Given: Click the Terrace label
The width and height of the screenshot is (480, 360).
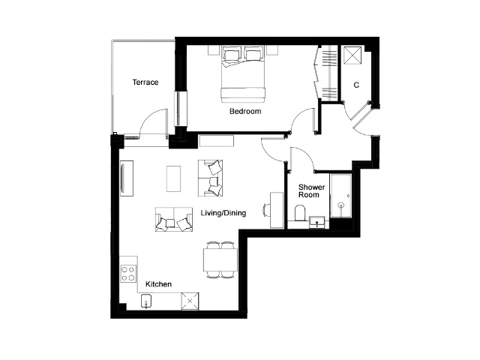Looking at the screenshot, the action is click(x=145, y=82).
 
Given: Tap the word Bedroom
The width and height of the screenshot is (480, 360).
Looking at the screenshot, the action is click(x=245, y=111).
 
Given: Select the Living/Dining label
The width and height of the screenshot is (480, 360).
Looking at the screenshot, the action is click(x=223, y=213).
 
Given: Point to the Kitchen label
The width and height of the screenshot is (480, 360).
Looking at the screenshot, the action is click(x=158, y=284).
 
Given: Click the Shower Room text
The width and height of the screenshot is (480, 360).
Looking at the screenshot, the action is click(x=311, y=190).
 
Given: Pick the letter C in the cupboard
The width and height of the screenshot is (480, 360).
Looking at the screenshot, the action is click(x=356, y=85).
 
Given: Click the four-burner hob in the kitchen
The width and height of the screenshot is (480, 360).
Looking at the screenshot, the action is click(x=128, y=274).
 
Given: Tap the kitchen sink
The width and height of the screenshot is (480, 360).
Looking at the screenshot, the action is click(x=147, y=301).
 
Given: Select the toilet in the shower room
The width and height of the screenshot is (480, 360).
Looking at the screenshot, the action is click(x=300, y=213).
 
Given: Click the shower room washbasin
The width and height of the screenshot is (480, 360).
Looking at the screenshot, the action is click(x=316, y=222).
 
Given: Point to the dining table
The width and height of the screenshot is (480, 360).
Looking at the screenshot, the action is click(x=220, y=259).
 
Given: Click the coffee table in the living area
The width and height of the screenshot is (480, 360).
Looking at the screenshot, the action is click(x=173, y=178).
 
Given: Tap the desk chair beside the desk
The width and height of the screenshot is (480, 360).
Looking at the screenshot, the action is click(x=266, y=210).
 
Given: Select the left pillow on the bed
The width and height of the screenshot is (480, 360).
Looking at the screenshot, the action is click(x=232, y=55).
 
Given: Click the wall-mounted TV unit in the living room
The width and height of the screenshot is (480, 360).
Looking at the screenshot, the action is click(x=127, y=178).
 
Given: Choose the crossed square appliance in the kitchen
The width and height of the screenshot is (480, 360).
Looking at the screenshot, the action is click(x=190, y=301).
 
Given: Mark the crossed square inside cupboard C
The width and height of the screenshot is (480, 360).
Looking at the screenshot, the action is click(x=352, y=55).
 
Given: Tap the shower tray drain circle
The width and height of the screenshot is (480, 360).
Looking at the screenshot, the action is click(x=340, y=205).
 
